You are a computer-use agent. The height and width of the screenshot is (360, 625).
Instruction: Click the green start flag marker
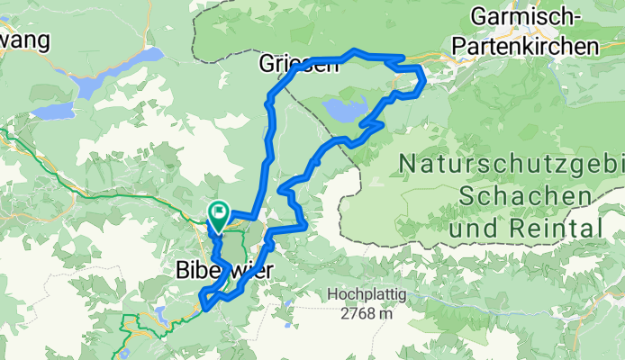tap(219, 214)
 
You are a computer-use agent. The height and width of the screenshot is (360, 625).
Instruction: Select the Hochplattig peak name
tap(367, 294)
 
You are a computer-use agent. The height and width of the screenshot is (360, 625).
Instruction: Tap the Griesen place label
tap(291, 64)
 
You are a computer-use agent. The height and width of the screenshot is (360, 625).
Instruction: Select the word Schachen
tap(524, 195)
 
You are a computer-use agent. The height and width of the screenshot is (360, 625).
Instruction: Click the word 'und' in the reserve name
tap(472, 228)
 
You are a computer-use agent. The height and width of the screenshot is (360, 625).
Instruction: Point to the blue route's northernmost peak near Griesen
tap(357, 50)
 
